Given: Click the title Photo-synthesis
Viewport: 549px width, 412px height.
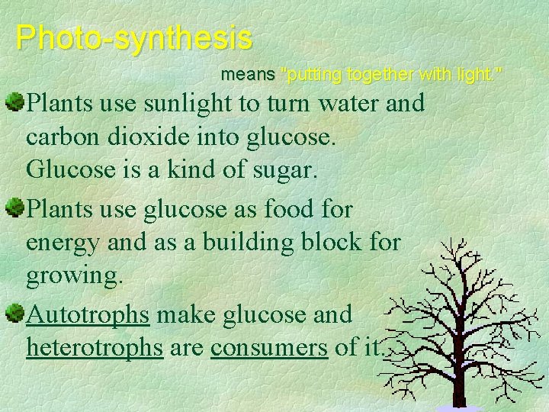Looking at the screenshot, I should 133,37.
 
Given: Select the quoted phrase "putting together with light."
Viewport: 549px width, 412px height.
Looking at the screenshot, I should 392,75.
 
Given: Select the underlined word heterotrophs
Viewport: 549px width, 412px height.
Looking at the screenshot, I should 95,348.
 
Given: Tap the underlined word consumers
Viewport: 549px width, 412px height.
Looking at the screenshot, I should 270,349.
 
